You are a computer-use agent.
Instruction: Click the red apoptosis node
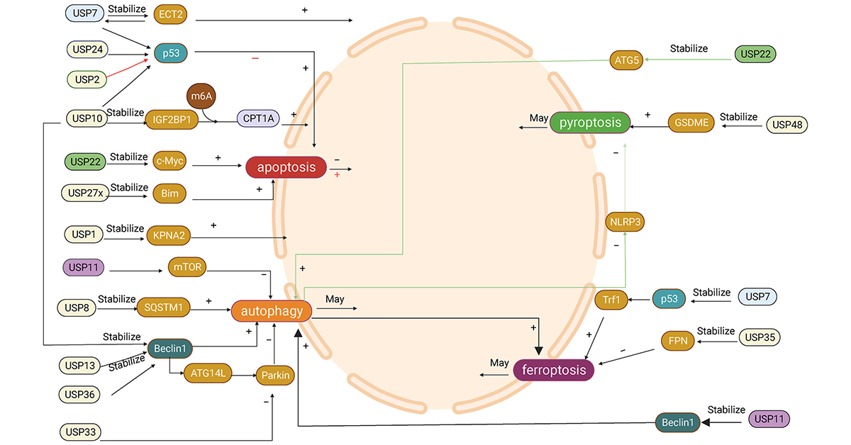(x=286, y=167)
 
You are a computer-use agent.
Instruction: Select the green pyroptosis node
(x=590, y=123)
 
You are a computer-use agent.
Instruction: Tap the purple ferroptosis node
(x=553, y=369)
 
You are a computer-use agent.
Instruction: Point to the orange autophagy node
(x=272, y=311)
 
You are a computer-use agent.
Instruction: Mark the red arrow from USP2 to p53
(x=128, y=69)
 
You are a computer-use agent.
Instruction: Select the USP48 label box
(x=787, y=125)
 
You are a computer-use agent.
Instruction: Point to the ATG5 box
(x=627, y=60)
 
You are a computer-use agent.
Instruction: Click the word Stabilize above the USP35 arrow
(x=716, y=331)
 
